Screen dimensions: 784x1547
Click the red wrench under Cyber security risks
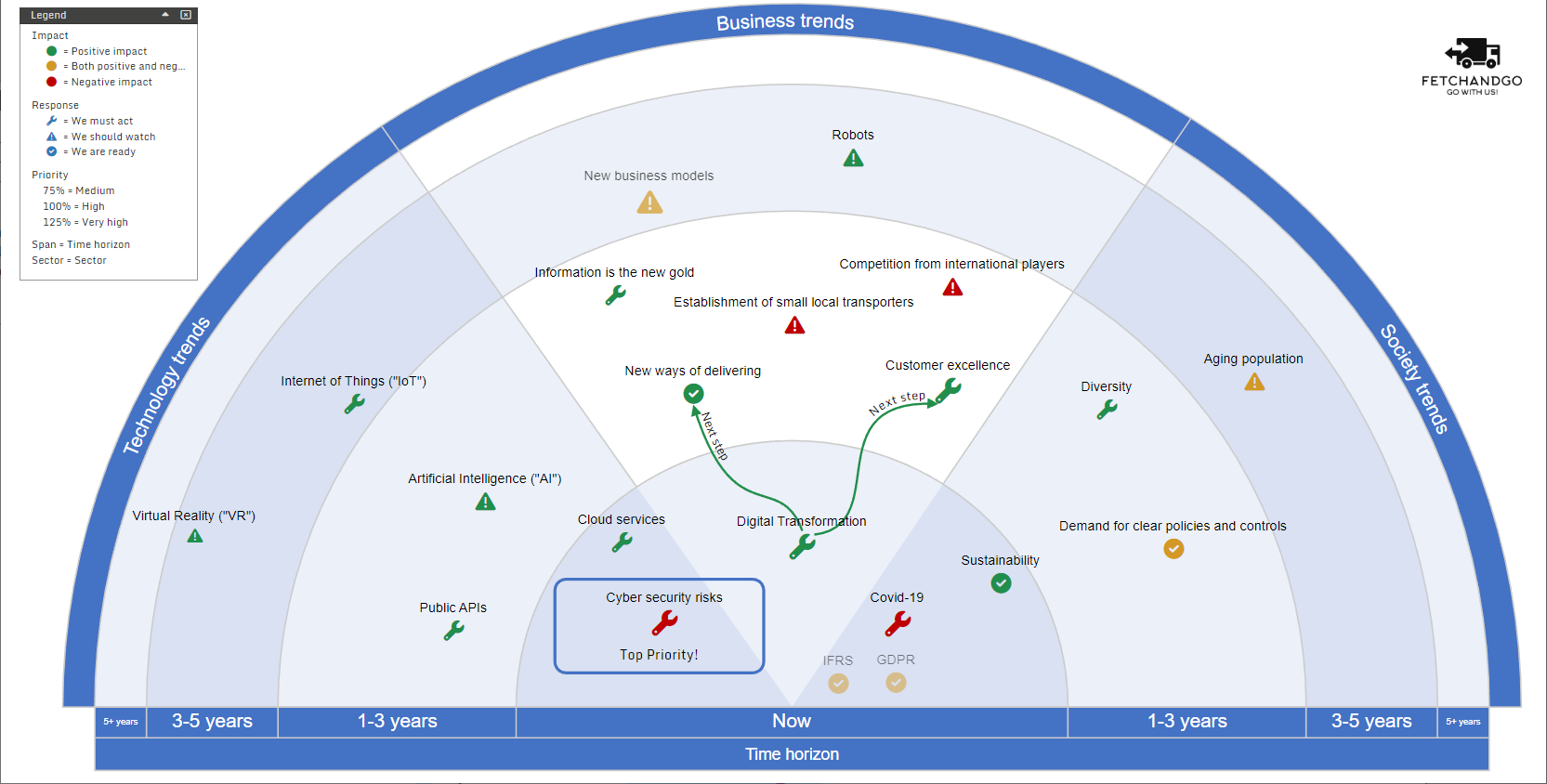664,621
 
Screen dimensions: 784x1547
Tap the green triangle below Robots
853,159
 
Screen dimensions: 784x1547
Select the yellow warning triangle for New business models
649,203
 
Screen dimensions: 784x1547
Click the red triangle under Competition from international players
952,288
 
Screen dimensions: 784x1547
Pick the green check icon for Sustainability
1001,583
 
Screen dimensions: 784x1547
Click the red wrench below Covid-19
898,623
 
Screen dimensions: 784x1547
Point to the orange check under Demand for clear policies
1173,549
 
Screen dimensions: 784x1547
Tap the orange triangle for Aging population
1254,383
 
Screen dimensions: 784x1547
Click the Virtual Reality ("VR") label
193,516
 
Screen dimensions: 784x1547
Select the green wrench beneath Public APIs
453,631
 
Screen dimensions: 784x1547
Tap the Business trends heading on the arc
785,22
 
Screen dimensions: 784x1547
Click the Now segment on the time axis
792,721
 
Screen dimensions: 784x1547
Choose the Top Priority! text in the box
659,655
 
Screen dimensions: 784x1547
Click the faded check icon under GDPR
896,683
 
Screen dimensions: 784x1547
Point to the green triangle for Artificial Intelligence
485,503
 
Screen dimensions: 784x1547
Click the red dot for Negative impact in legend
52,82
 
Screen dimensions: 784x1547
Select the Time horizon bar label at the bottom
792,754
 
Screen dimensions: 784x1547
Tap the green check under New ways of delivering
693,394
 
